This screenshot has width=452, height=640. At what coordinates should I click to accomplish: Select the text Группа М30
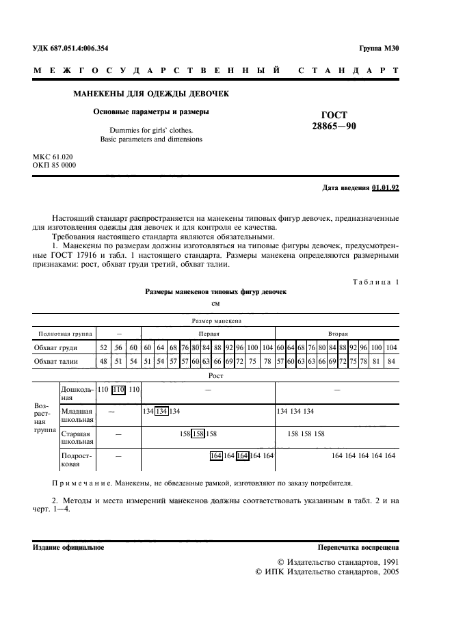(379, 48)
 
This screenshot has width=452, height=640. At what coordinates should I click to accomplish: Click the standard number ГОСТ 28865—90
(334, 121)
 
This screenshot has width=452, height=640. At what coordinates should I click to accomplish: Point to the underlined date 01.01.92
(386, 187)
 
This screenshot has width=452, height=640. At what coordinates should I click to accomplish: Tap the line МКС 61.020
(52, 156)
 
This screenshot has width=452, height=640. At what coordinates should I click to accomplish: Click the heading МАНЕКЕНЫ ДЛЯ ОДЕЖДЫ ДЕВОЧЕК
(150, 93)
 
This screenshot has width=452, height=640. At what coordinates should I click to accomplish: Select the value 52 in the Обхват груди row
(103, 347)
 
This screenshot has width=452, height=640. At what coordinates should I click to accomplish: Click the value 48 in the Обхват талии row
(103, 360)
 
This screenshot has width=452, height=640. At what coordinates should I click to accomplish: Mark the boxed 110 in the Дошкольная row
(119, 389)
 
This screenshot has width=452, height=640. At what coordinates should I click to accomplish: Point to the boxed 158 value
(198, 434)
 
